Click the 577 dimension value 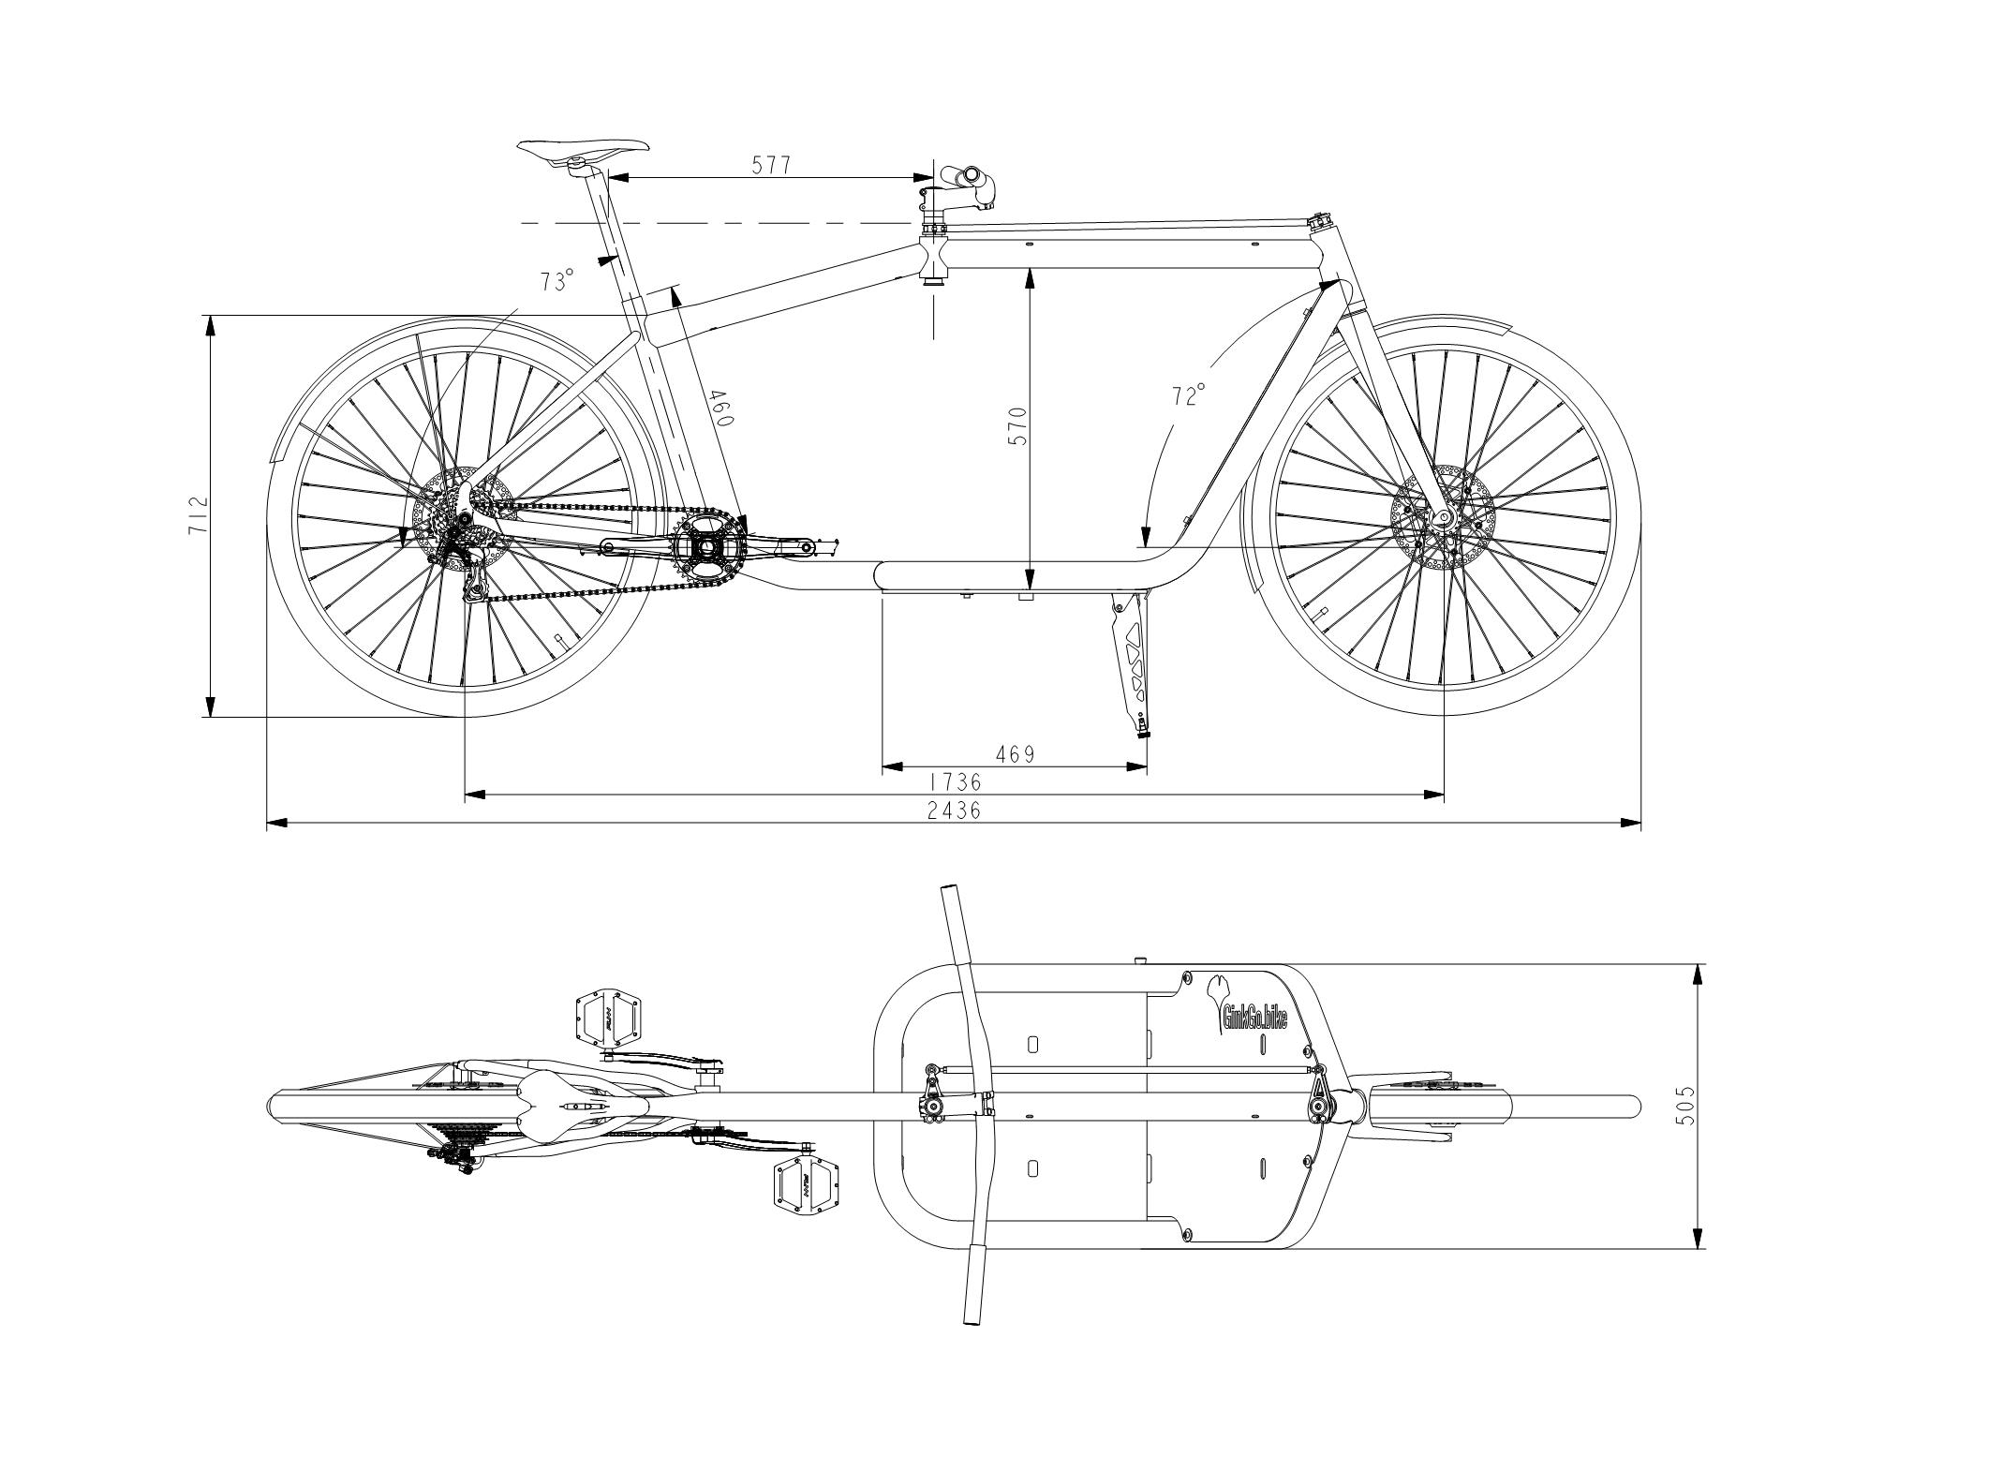[x=772, y=165]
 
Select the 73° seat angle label [x=556, y=280]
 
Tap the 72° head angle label [x=1188, y=394]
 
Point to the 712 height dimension [x=198, y=515]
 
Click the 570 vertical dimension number [x=1018, y=425]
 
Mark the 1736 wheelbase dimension [x=955, y=781]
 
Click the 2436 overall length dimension [x=955, y=810]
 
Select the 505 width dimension [x=1687, y=1106]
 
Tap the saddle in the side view [x=583, y=151]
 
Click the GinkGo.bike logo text [x=1254, y=1016]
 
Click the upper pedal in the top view [x=610, y=1015]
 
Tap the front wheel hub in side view [x=1443, y=517]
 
